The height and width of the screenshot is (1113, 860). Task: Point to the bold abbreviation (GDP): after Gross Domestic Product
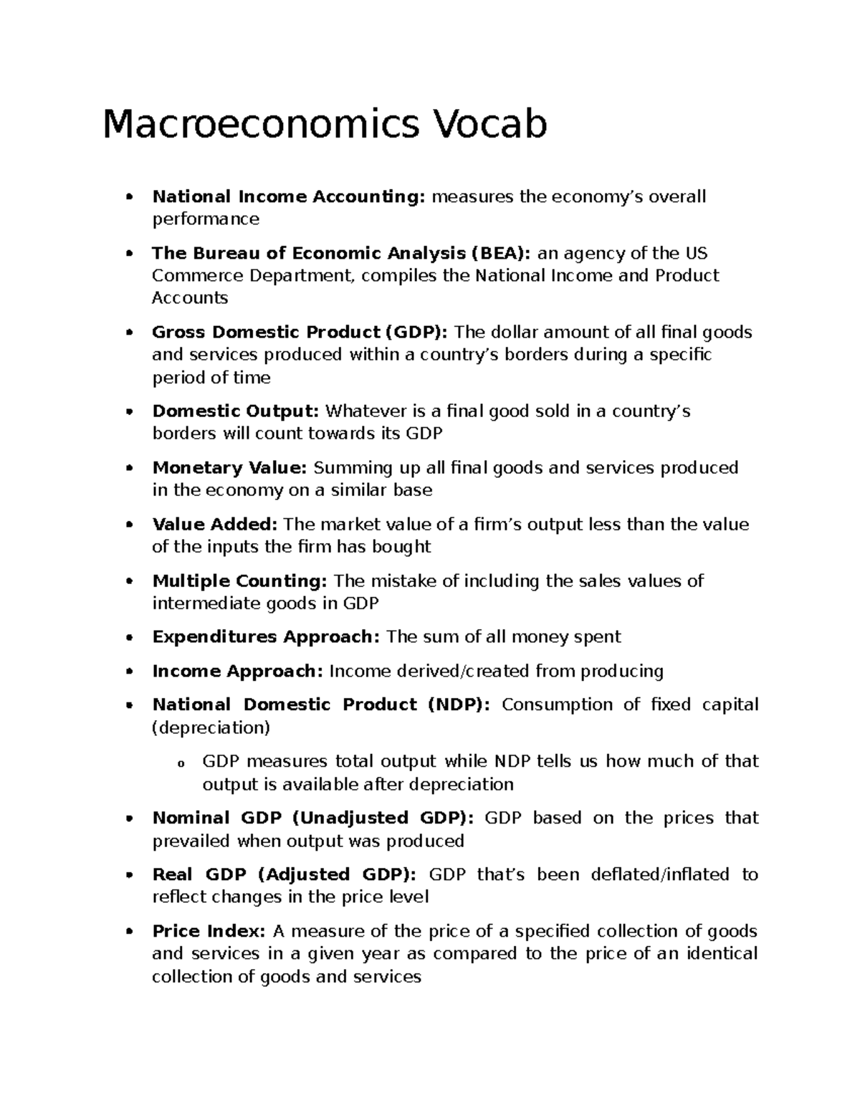(x=416, y=332)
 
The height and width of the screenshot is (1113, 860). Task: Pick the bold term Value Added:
(x=214, y=524)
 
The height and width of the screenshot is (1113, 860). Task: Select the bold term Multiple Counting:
(x=240, y=581)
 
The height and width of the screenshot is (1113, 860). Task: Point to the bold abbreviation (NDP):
(x=459, y=704)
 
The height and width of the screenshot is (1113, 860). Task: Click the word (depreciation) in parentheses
(x=211, y=727)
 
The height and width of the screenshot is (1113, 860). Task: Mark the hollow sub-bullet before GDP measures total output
(x=181, y=763)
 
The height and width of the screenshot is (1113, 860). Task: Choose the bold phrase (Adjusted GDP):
(x=336, y=874)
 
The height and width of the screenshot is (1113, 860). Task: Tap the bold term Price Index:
(x=209, y=931)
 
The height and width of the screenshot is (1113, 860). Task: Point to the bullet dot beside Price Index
(x=129, y=932)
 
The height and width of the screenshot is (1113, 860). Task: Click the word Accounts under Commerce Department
(x=189, y=297)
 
